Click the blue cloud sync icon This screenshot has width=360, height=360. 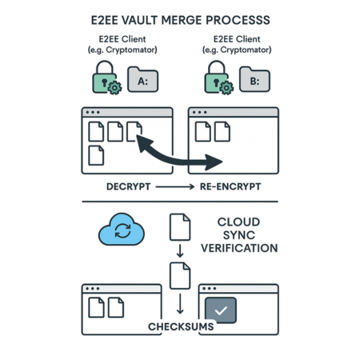(x=121, y=231)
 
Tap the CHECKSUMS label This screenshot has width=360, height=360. (x=179, y=327)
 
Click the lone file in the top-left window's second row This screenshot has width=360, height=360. (x=96, y=154)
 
